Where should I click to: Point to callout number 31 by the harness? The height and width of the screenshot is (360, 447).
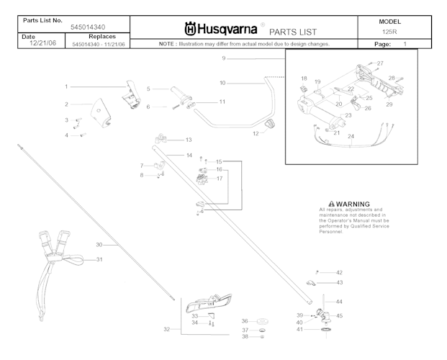coord(100,259)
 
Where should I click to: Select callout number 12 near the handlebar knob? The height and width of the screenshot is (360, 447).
coord(256,133)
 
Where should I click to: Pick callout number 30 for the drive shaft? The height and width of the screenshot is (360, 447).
coord(99,245)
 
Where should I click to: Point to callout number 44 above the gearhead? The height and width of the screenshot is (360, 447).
coord(339,301)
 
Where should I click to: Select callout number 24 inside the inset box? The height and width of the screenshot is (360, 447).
coord(351,135)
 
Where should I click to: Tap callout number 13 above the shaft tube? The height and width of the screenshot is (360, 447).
coord(189,139)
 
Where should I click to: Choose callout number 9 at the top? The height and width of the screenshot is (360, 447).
coord(224,58)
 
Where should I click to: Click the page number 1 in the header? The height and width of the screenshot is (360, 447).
coord(405,45)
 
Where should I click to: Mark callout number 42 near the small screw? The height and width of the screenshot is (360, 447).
coord(339,272)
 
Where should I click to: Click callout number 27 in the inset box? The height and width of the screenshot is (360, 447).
coord(380,63)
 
